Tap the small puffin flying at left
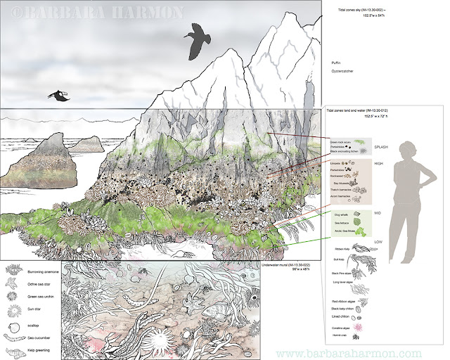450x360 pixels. tap(60, 96)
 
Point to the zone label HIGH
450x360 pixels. tap(378, 163)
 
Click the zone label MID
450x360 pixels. tap(377, 211)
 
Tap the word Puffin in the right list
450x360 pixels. tap(336, 62)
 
